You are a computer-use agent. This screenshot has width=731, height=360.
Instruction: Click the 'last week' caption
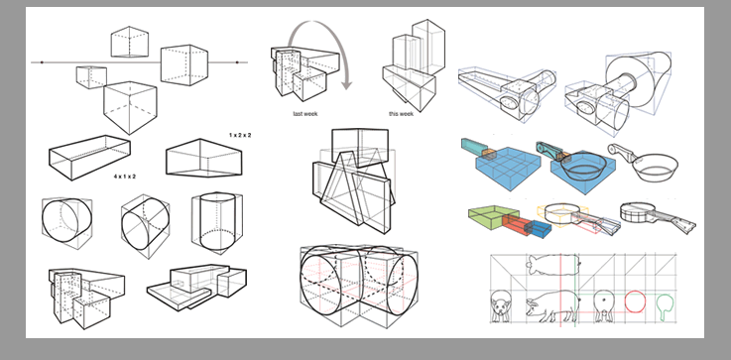click(x=305, y=114)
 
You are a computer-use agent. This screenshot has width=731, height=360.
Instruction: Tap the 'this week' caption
click(x=401, y=114)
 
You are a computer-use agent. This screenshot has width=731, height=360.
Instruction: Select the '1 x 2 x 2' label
click(x=240, y=135)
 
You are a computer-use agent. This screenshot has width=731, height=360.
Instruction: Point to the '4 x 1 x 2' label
click(x=124, y=177)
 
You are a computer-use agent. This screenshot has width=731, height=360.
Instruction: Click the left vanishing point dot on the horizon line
click(x=42, y=62)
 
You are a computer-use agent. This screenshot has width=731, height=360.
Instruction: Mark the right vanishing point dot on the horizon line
click(x=237, y=62)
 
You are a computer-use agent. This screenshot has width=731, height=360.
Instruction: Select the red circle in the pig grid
click(x=635, y=301)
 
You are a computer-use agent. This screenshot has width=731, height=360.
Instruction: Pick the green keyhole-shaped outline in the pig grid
click(x=666, y=306)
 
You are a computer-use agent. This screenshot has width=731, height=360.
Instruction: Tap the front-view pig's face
click(x=501, y=307)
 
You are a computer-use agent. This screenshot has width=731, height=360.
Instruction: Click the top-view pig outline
click(x=553, y=265)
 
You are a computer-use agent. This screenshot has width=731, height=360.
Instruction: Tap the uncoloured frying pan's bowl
click(x=654, y=169)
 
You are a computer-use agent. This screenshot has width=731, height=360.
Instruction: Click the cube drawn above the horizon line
click(x=130, y=42)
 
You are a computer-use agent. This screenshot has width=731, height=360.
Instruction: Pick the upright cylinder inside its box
click(x=217, y=220)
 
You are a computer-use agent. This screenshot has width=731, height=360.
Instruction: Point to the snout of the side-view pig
click(x=529, y=306)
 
